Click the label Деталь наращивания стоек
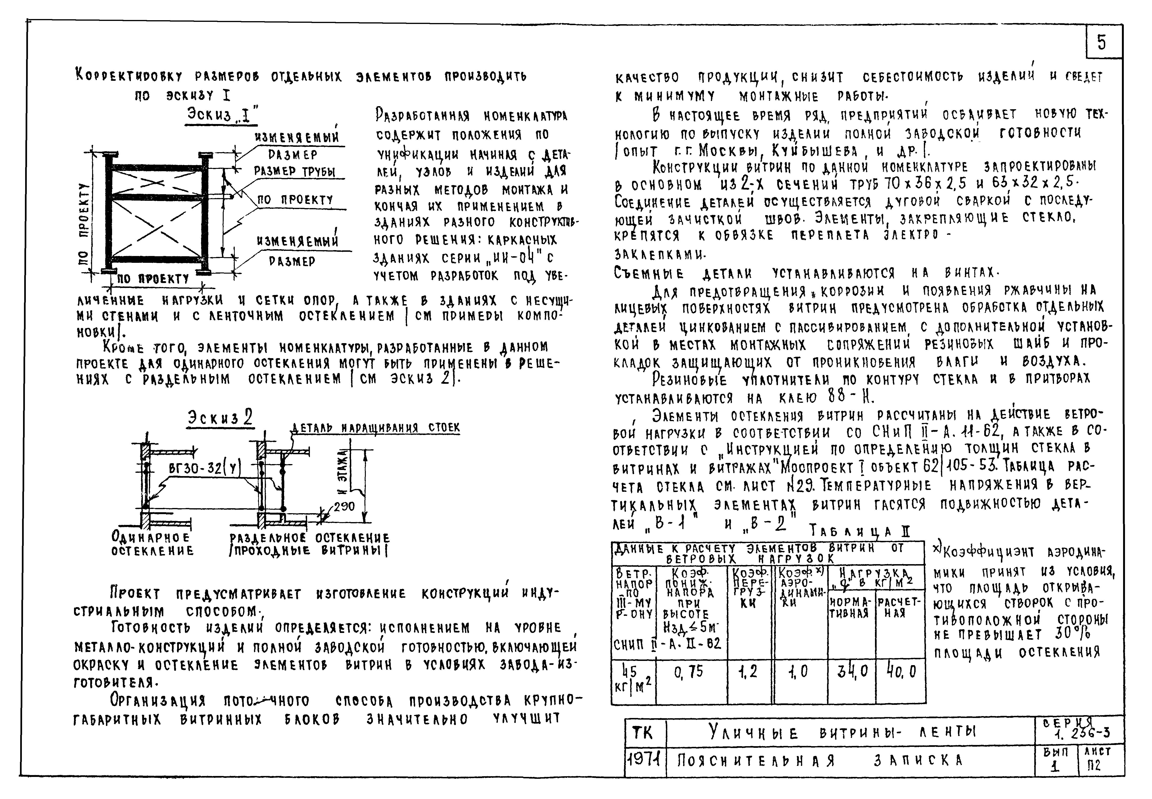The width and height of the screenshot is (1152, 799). tap(376, 428)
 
